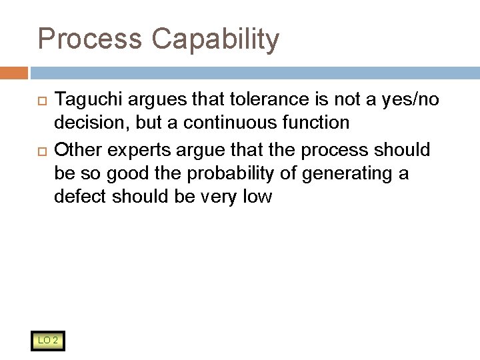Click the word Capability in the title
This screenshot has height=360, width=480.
215,39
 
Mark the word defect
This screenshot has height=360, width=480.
78,198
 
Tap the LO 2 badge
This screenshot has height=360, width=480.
47,341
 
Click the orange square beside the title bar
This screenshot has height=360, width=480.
13,73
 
